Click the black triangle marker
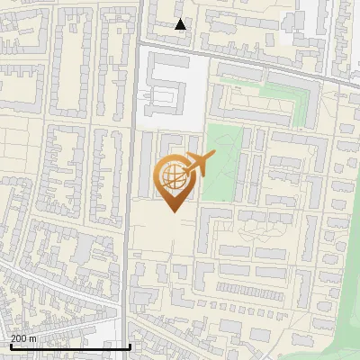[x=181, y=24]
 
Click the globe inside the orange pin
[x=171, y=175]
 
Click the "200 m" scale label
[x=23, y=338]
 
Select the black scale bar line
[x=70, y=346]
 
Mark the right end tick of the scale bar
[x=130, y=345]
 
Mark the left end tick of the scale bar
[x=10, y=345]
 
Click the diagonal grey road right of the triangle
[x=261, y=63]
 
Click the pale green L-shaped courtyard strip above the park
[x=270, y=94]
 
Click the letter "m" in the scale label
[x=33, y=338]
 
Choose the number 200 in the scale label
[x=19, y=338]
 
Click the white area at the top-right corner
[x=310, y=13]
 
